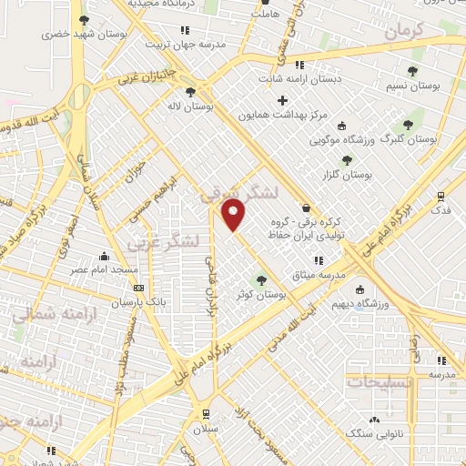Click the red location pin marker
[234, 215]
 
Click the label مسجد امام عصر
[106, 270]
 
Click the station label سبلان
[206, 426]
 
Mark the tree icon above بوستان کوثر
[262, 280]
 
